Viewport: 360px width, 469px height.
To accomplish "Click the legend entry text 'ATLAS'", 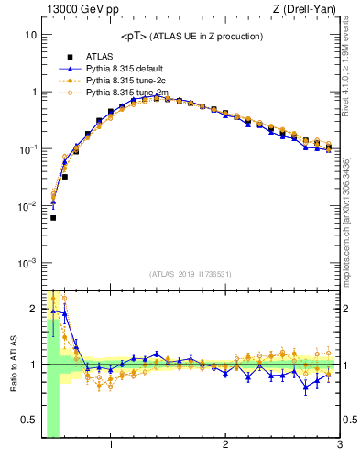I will (x=100, y=56).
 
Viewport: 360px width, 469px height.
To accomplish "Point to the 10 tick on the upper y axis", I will (x=30, y=35).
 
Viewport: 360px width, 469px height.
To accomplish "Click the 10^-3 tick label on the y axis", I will (x=27, y=263).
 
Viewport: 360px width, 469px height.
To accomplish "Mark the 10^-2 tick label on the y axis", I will (x=27, y=206).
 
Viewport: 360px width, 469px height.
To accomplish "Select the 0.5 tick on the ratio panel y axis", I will (x=27, y=420).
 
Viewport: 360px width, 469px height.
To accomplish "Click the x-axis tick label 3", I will (x=339, y=446).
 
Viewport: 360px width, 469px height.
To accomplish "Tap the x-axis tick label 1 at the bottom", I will (x=111, y=446).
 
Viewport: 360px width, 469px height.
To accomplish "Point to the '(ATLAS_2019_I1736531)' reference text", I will (x=191, y=275).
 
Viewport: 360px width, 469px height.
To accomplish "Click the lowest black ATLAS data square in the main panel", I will (x=53, y=218).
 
